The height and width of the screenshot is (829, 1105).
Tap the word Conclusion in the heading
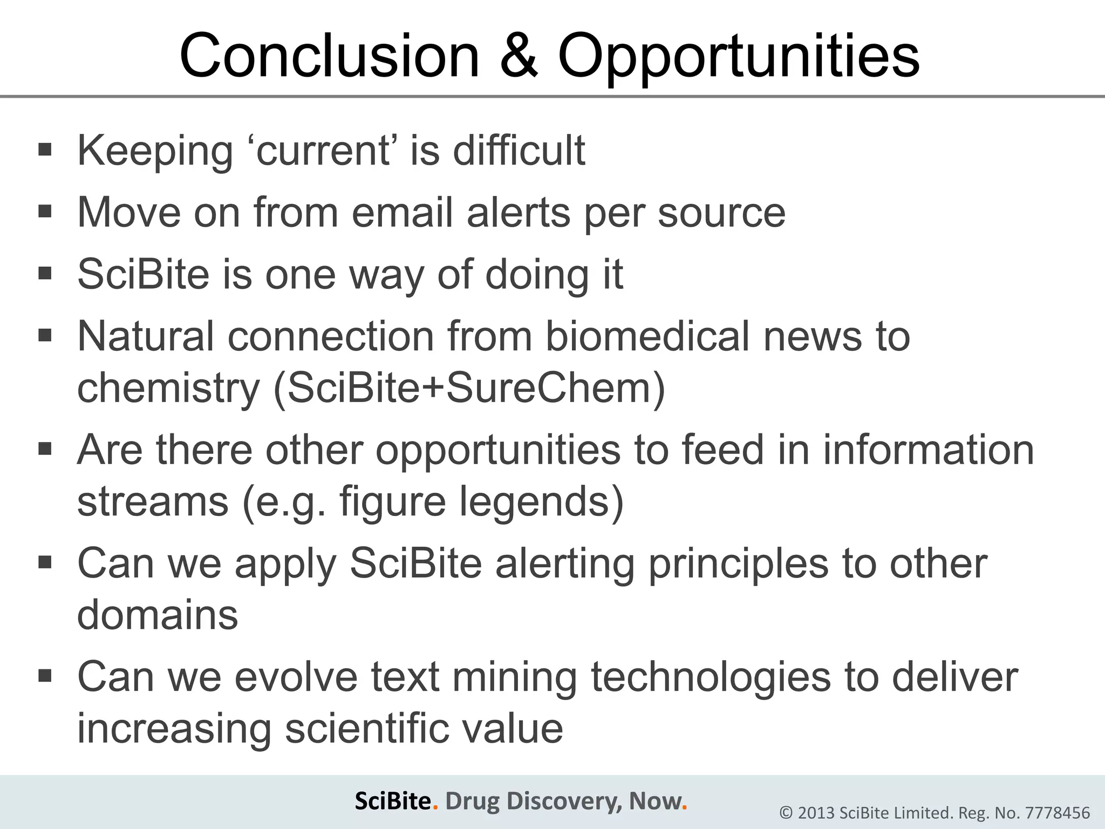click(x=329, y=56)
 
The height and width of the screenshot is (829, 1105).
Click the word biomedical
click(x=647, y=336)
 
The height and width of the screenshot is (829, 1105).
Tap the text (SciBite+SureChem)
click(x=469, y=388)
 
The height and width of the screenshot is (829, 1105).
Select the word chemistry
click(x=169, y=389)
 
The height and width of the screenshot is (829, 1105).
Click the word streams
click(x=153, y=501)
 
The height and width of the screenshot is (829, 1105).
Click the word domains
click(x=158, y=615)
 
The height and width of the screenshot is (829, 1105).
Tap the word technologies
click(x=711, y=677)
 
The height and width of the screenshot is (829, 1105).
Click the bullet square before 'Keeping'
click(x=45, y=148)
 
